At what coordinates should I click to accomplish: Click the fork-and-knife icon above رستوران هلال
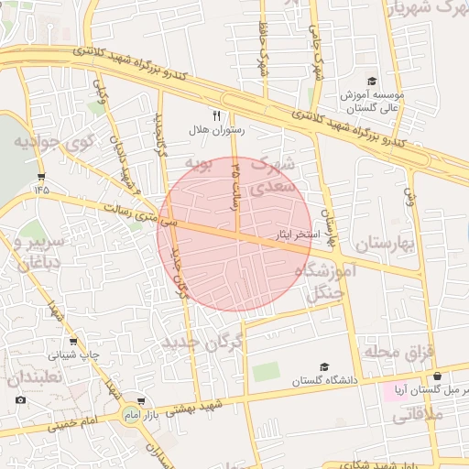pyautogui.click(x=216, y=116)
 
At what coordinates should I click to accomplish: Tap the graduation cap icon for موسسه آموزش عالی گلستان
pyautogui.click(x=371, y=81)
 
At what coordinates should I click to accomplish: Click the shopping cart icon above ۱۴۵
pyautogui.click(x=41, y=176)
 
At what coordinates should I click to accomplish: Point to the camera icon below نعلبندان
pyautogui.click(x=20, y=399)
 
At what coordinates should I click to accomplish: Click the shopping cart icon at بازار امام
pyautogui.click(x=140, y=401)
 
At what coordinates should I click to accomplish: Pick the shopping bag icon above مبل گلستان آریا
pyautogui.click(x=437, y=376)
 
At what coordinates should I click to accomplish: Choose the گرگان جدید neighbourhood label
pyautogui.click(x=205, y=342)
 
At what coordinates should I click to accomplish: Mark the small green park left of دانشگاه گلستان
pyautogui.click(x=266, y=372)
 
